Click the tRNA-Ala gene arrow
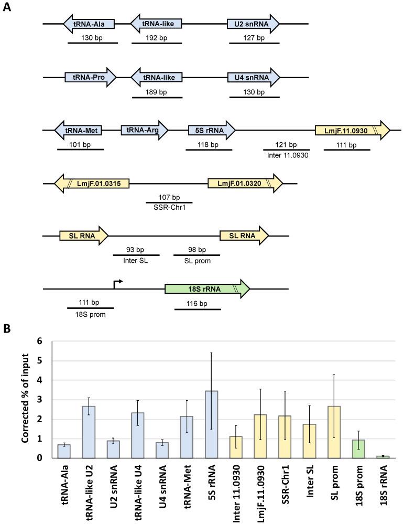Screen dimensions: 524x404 [89, 24]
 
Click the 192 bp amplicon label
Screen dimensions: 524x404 [156, 38]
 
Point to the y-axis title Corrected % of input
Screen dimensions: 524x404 [25, 400]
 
